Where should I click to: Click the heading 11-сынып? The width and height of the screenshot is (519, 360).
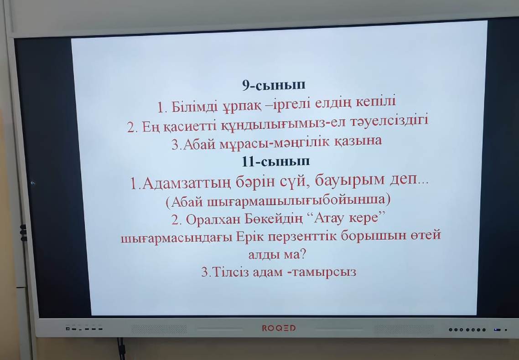point(276,161)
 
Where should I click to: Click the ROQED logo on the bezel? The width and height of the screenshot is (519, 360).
point(279,328)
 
